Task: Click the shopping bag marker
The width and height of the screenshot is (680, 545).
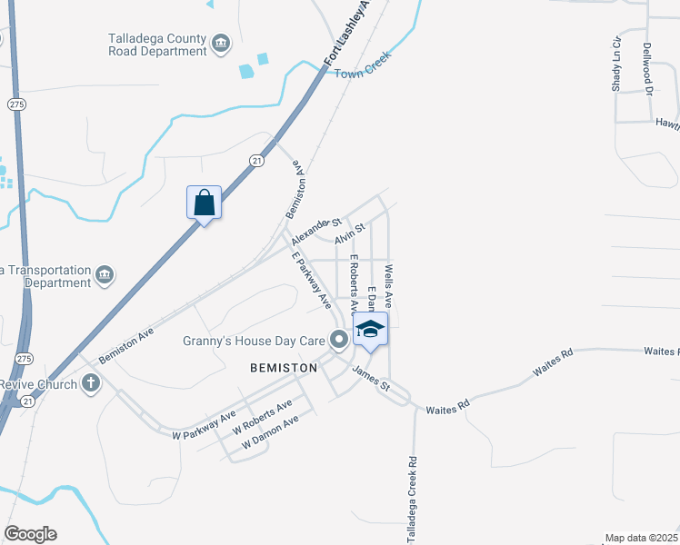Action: click(x=205, y=202)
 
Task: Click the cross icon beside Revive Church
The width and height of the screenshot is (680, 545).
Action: click(x=90, y=383)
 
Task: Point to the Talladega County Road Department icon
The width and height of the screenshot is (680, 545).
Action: click(x=220, y=43)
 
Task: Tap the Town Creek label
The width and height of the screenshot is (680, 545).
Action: click(x=362, y=65)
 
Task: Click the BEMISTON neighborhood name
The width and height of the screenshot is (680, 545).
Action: click(x=284, y=368)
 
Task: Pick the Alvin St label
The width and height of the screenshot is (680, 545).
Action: click(x=349, y=233)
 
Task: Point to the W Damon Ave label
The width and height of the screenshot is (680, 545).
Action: click(x=270, y=433)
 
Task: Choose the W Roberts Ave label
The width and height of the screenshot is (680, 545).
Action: click(x=262, y=416)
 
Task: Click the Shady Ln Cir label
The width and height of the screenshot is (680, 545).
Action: click(x=616, y=64)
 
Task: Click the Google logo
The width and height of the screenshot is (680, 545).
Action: click(x=30, y=534)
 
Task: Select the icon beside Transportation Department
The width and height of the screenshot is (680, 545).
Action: click(x=104, y=275)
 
